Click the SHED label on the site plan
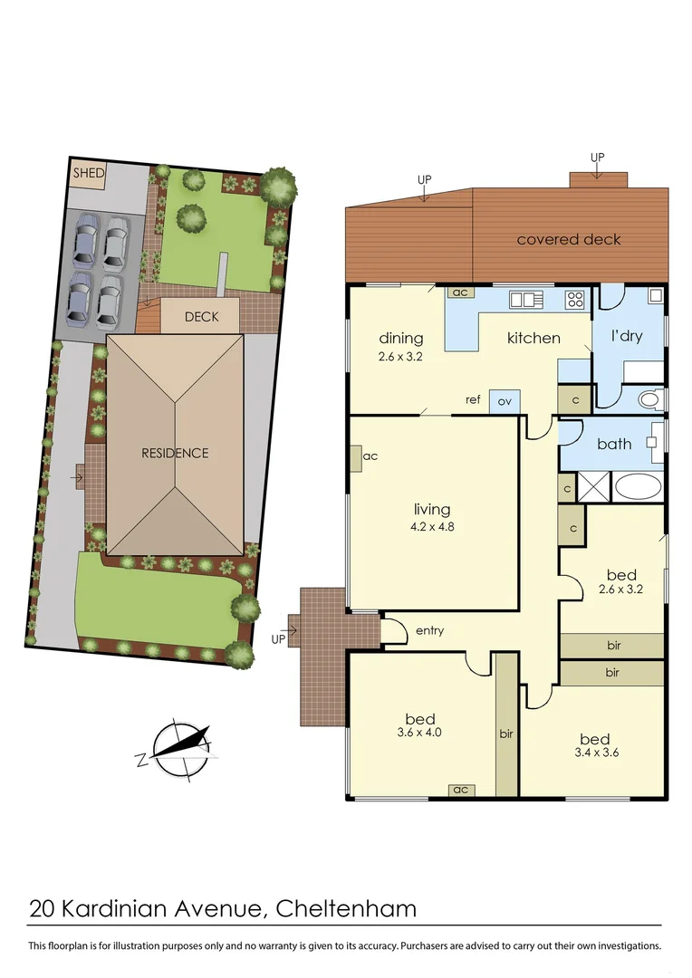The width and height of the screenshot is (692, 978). click(x=89, y=172)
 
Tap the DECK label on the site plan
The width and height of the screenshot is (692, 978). click(x=201, y=317)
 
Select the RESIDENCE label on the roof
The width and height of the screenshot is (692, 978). click(x=175, y=453)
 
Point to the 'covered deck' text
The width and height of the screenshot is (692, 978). click(x=569, y=240)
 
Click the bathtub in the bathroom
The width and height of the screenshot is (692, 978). click(x=639, y=487)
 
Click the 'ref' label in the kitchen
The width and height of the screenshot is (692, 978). click(x=473, y=399)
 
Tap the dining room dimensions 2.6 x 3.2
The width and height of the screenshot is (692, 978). click(x=401, y=357)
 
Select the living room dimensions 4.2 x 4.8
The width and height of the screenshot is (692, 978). click(x=431, y=525)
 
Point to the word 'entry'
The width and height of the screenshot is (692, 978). click(x=429, y=630)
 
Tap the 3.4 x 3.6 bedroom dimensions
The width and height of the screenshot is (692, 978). click(x=595, y=752)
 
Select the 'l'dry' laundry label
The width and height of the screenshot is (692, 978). click(x=626, y=336)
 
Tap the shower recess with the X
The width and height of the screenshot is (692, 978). click(x=594, y=487)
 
